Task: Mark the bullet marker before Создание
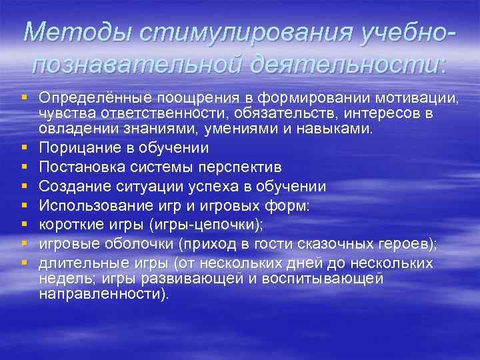tap(25, 185)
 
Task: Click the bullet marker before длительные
tap(25, 263)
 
